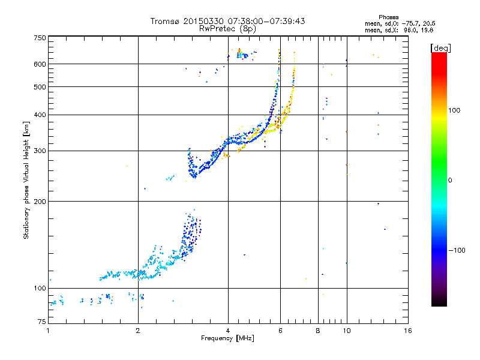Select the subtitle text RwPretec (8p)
point(227,29)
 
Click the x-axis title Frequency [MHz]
point(227,338)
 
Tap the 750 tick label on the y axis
point(40,38)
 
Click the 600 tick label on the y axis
point(40,64)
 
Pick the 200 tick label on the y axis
point(40,202)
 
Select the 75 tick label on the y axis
point(42,322)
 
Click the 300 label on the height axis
point(40,151)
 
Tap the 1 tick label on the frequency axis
point(48,331)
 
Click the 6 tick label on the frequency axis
point(280,331)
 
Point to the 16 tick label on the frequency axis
point(408,331)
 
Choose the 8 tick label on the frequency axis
point(318,331)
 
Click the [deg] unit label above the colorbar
point(440,48)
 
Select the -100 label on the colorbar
point(457,250)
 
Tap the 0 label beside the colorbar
point(450,181)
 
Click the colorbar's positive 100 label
point(454,110)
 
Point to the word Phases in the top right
point(388,17)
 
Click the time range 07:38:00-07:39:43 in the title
point(266,21)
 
